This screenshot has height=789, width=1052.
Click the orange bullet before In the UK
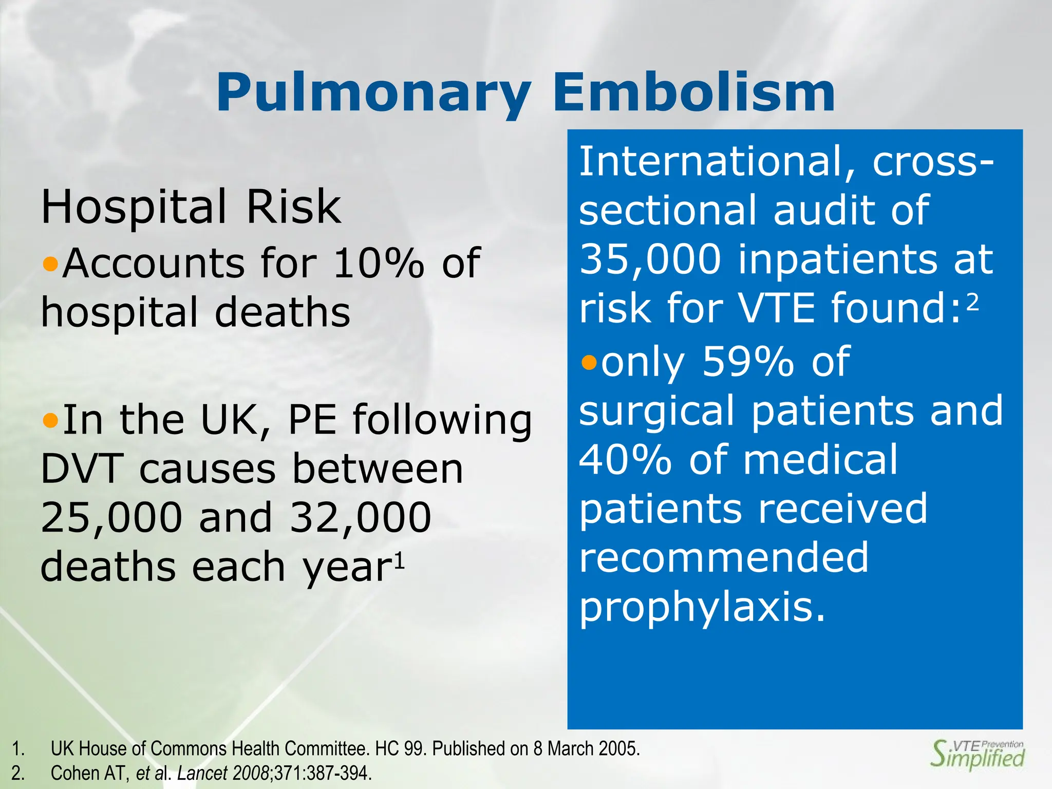50,421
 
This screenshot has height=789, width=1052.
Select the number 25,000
111,517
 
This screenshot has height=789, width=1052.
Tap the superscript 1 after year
400,561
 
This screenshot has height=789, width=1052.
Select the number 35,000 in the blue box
650,259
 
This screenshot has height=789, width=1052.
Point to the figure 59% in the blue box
748,362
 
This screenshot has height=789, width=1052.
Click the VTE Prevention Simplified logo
978,754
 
